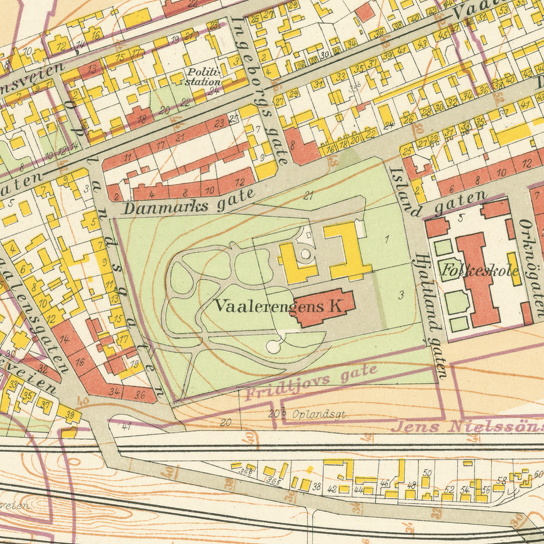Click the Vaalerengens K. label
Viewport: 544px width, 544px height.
[x=279, y=306]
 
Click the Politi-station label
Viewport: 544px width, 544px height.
[x=203, y=77]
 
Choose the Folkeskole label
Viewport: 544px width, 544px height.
[x=479, y=270]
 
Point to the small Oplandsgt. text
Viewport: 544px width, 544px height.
[x=320, y=415]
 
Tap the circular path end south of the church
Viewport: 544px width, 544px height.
[x=273, y=346]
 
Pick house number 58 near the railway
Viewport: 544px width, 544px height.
[x=501, y=480]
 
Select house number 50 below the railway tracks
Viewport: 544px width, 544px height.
[x=427, y=473]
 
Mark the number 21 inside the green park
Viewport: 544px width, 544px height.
[x=308, y=195]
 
